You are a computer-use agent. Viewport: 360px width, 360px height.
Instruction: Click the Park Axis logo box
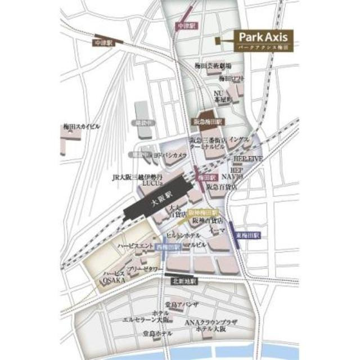click(263, 41)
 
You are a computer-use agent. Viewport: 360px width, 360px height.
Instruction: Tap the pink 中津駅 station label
click(185, 26)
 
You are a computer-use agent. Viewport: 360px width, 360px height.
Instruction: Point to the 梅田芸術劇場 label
click(209, 66)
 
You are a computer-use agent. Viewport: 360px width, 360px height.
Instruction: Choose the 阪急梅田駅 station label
click(209, 121)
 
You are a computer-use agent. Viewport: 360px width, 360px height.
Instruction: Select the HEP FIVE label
click(248, 159)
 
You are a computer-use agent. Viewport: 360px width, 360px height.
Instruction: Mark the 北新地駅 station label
click(181, 281)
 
